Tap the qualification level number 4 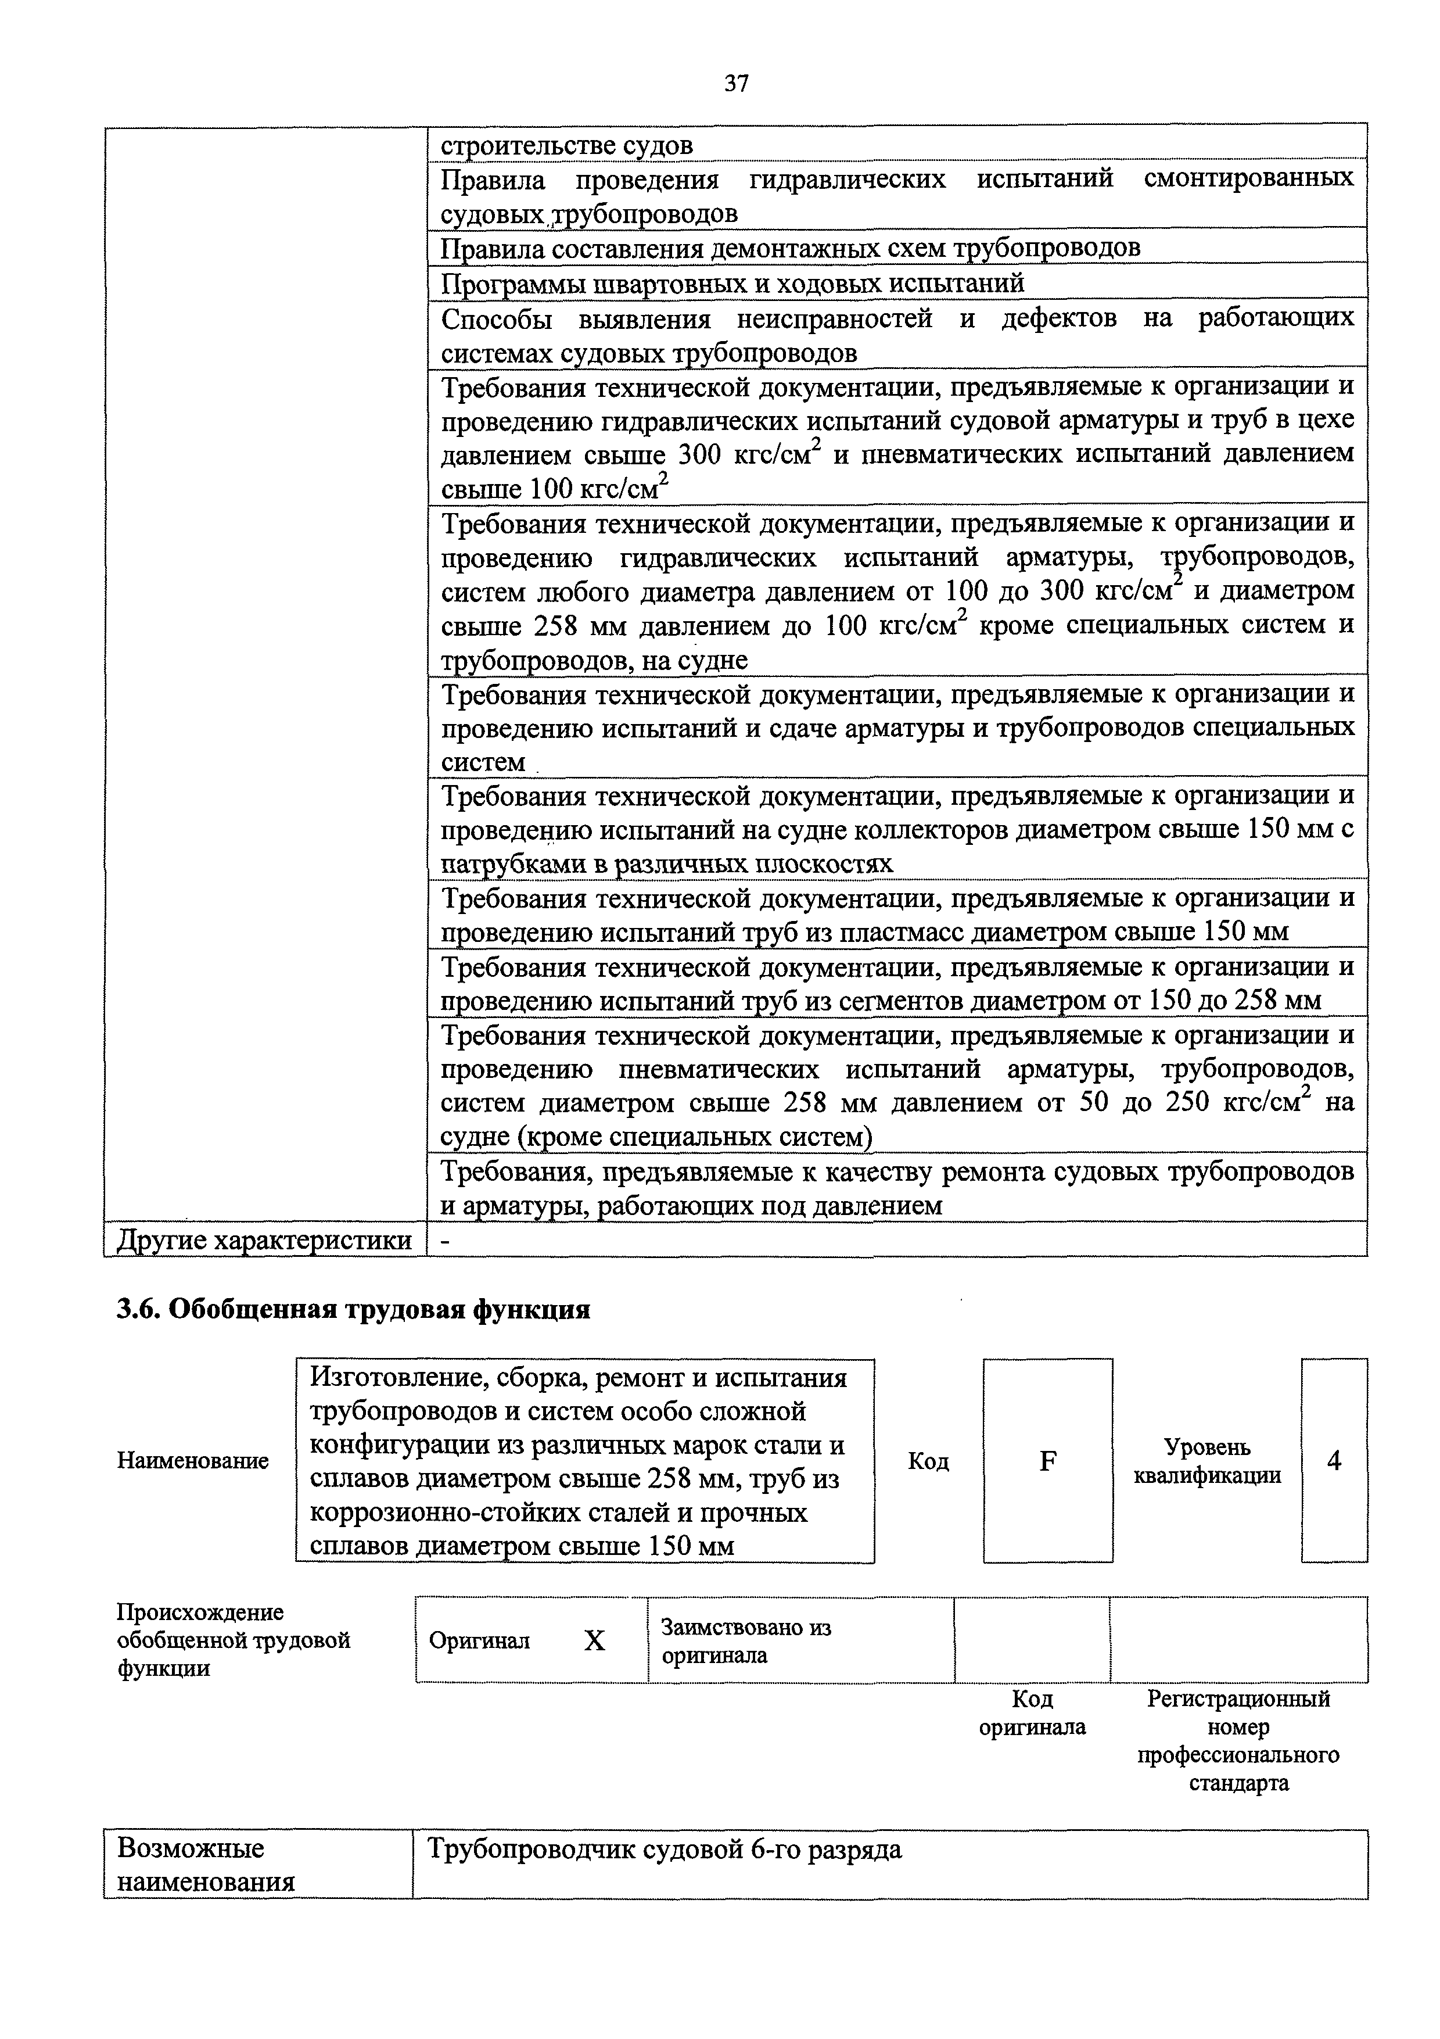click(x=1334, y=1461)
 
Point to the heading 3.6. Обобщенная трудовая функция click(x=353, y=1310)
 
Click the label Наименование click(x=193, y=1461)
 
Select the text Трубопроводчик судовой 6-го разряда click(x=664, y=1849)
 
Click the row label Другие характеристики click(x=264, y=1240)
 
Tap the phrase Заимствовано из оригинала click(x=746, y=1641)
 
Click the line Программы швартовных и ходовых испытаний click(x=732, y=284)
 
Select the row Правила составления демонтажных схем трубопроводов click(x=790, y=248)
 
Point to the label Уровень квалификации click(x=1208, y=1461)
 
